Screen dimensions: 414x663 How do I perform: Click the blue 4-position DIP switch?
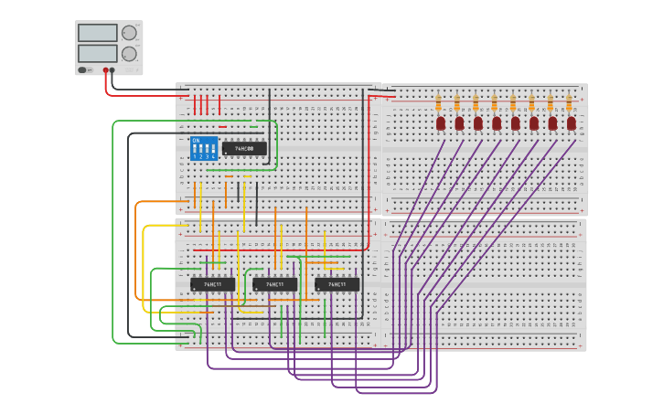[x=203, y=149]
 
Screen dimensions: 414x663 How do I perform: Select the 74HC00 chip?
[x=244, y=148]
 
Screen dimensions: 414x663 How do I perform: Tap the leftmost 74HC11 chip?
[x=212, y=284]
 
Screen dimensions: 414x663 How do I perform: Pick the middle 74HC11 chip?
[x=274, y=284]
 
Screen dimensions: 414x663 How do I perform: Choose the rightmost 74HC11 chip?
[x=337, y=284]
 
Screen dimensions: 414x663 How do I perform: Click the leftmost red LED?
[x=441, y=122]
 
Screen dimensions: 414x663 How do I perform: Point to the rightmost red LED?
[x=572, y=122]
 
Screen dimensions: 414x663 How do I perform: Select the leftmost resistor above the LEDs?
[x=438, y=101]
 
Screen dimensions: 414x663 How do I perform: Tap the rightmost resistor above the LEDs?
[x=569, y=101]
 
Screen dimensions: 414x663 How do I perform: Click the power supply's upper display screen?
[x=98, y=33]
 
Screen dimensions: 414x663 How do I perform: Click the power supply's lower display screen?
[x=98, y=54]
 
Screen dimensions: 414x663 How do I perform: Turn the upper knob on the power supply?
[x=129, y=33]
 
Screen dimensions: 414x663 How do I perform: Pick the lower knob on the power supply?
[x=129, y=54]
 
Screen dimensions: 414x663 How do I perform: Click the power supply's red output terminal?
[x=106, y=70]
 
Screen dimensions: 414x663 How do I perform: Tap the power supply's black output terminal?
[x=112, y=70]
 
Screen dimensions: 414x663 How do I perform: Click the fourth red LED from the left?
[x=497, y=122]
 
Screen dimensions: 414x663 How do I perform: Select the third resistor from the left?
[x=476, y=101]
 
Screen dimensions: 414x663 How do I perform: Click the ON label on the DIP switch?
[x=196, y=140]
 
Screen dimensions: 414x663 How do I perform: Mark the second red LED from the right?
[x=552, y=122]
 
